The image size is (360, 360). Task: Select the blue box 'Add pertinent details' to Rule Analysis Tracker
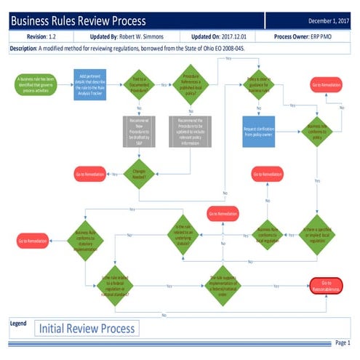91,84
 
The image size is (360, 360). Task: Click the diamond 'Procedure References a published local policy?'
193,84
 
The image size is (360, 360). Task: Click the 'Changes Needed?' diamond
138,173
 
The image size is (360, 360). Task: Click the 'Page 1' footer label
342,343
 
